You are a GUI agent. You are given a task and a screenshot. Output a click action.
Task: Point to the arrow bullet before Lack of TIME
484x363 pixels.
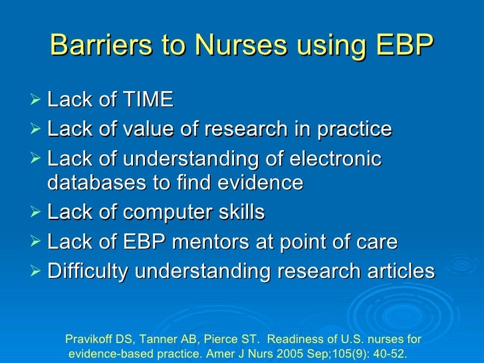[37, 100]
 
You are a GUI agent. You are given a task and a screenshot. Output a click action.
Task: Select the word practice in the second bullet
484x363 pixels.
[354, 130]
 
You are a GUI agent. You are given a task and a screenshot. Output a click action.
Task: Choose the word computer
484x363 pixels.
[166, 213]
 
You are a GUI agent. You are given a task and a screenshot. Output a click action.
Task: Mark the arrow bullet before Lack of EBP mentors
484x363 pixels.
[37, 243]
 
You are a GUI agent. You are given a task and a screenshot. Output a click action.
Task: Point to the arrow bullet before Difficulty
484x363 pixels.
[37, 272]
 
